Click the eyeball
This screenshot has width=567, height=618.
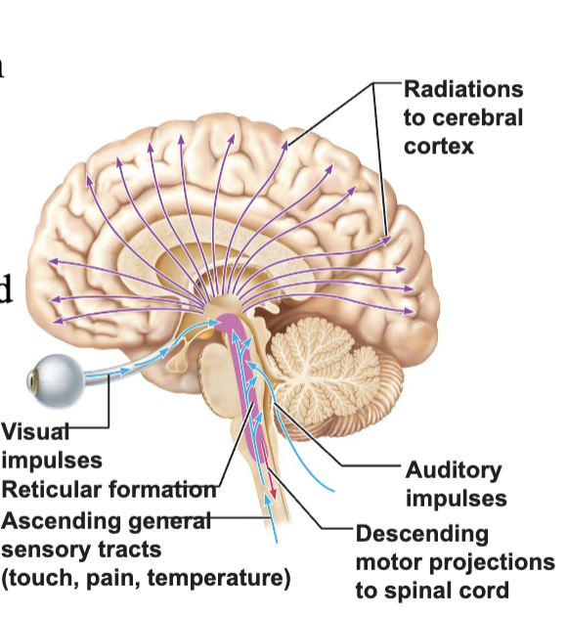(56, 380)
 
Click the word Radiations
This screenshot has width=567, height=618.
(463, 89)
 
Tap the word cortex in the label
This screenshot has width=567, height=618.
(439, 147)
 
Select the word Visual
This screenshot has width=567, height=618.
(35, 431)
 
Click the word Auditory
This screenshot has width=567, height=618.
(454, 471)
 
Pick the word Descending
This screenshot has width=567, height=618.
(422, 535)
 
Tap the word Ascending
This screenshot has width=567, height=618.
(61, 522)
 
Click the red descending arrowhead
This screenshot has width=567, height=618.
(273, 493)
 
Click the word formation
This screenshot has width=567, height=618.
(162, 490)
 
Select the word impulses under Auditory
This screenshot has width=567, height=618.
(457, 500)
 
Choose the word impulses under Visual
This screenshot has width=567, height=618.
(52, 462)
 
